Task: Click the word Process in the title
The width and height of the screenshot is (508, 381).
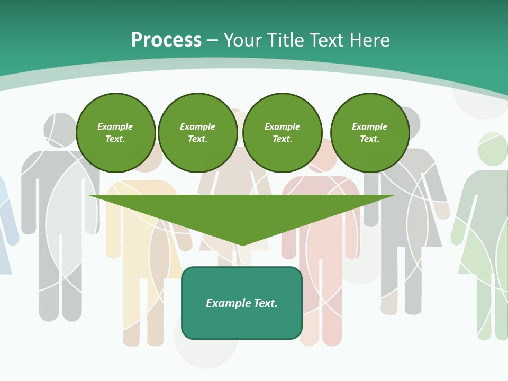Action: pyautogui.click(x=166, y=40)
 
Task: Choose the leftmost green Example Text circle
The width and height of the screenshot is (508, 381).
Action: pyautogui.click(x=115, y=133)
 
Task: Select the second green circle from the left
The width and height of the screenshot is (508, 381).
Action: pyautogui.click(x=197, y=133)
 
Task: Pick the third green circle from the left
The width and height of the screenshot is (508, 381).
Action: pyautogui.click(x=282, y=133)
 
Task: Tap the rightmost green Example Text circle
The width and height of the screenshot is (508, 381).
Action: pyautogui.click(x=369, y=133)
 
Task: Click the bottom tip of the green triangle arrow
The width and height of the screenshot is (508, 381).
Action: pyautogui.click(x=242, y=244)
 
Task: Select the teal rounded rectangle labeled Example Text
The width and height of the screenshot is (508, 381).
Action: pyautogui.click(x=242, y=303)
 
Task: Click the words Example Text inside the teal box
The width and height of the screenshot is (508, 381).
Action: pyautogui.click(x=242, y=303)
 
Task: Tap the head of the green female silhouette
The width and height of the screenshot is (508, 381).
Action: pyautogui.click(x=493, y=149)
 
